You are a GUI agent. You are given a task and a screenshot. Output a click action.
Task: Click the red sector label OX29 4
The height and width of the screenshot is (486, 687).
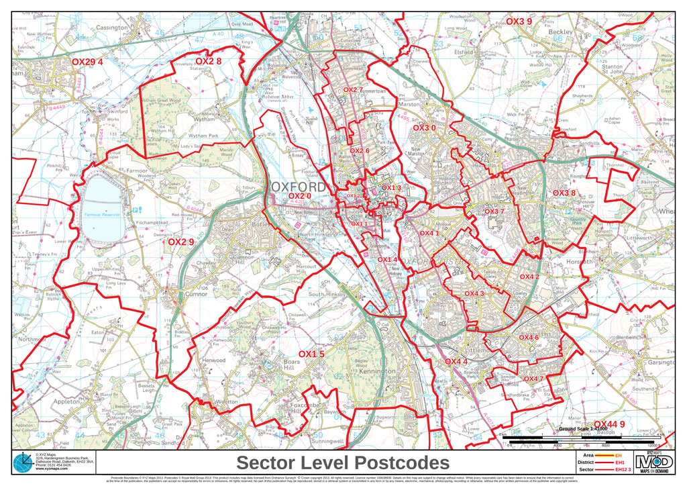(87, 62)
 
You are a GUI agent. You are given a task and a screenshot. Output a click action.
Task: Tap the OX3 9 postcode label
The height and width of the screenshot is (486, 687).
(519, 21)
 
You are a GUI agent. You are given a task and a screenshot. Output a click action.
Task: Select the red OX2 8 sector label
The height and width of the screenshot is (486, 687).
(208, 61)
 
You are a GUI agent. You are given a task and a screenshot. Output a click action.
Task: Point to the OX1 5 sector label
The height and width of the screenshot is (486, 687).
(311, 354)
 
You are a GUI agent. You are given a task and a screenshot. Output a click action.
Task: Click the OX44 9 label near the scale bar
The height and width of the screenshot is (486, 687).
(609, 424)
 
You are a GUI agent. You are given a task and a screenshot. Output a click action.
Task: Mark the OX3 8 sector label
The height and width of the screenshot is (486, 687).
(564, 193)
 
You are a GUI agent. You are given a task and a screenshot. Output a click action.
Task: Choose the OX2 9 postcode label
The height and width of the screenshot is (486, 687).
(180, 242)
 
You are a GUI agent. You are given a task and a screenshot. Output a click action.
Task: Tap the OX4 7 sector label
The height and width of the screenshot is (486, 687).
(533, 379)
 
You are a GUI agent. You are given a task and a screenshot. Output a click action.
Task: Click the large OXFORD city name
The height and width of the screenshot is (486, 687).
(299, 186)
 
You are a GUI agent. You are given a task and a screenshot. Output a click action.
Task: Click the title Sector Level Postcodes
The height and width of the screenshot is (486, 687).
(343, 463)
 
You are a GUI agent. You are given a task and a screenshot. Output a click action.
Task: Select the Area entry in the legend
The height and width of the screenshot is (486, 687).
(591, 455)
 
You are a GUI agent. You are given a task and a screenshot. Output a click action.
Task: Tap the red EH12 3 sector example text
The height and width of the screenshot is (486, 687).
(623, 470)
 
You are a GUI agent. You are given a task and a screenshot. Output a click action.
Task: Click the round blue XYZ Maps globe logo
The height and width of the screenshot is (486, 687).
(22, 463)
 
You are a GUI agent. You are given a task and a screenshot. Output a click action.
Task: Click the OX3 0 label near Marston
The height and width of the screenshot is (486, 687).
(424, 128)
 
